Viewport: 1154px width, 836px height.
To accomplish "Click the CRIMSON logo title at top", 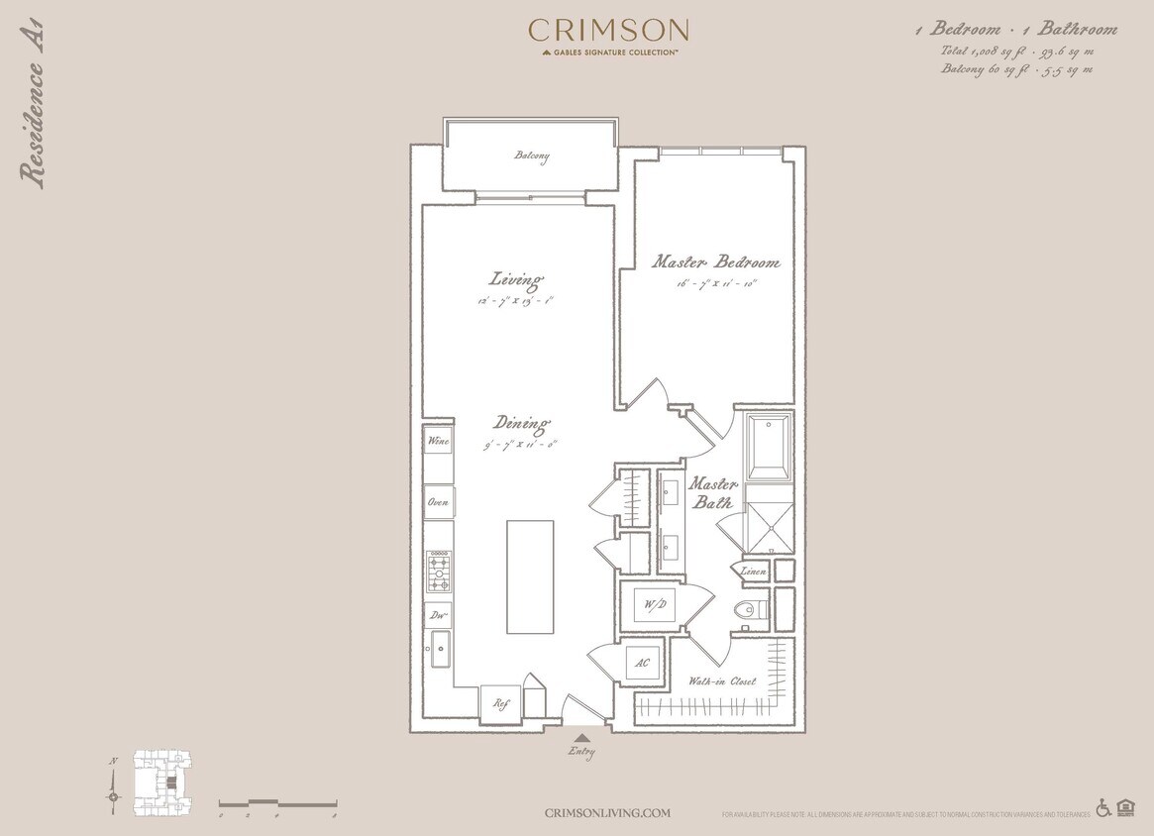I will [608, 31].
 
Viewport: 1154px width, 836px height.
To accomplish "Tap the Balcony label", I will [531, 157].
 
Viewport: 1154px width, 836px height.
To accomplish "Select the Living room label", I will [516, 279].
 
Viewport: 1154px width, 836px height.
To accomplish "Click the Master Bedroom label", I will [715, 262].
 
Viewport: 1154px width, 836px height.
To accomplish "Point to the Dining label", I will [520, 424].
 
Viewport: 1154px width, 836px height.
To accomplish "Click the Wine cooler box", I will [438, 441].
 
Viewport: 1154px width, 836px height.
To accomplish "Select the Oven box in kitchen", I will [438, 502].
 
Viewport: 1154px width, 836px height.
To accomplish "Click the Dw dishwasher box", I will [438, 615].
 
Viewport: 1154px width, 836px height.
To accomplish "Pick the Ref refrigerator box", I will [500, 703].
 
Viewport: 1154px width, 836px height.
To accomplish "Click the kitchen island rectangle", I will [530, 576].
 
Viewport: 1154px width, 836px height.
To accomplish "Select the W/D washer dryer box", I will [653, 604].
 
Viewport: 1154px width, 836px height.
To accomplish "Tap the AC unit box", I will [642, 663].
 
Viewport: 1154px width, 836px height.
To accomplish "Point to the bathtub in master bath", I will [769, 447].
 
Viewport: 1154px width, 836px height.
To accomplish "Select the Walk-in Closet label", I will [722, 681].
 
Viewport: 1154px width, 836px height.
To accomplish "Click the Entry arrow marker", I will [582, 738].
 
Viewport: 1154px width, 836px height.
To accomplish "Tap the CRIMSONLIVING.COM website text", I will [607, 813].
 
